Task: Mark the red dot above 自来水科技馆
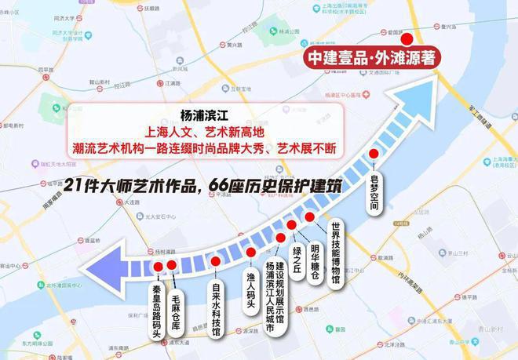pyautogui.click(x=216, y=260)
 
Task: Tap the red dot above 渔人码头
pyautogui.click(x=251, y=253)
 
